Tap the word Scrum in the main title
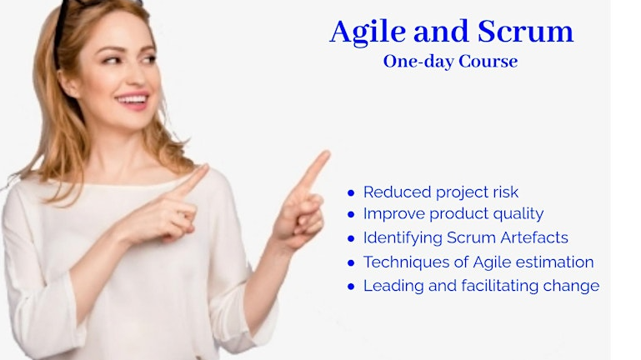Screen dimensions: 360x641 pos(526,32)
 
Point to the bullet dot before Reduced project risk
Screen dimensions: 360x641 pos(352,192)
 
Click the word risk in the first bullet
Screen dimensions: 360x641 pos(503,192)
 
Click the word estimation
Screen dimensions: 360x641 pos(554,262)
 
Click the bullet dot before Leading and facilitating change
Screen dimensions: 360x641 pos(352,286)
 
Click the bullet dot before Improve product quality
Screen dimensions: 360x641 pos(352,215)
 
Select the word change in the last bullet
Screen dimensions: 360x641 pos(577,286)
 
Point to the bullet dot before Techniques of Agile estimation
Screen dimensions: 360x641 pos(352,262)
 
